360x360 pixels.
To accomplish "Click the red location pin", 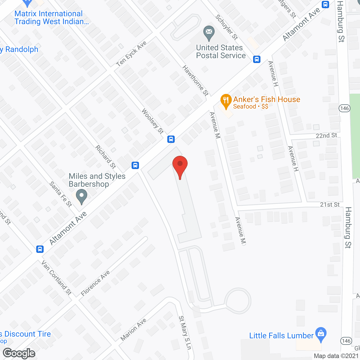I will pyautogui.click(x=180, y=165).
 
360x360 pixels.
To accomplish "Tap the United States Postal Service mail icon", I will pyautogui.click(x=209, y=33).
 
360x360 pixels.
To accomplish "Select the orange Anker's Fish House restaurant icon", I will pyautogui.click(x=226, y=101).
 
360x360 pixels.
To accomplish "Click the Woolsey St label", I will pyautogui.click(x=152, y=121).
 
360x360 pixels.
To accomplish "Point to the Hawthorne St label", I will pyautogui.click(x=195, y=80).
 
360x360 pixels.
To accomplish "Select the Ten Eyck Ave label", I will pyautogui.click(x=131, y=54).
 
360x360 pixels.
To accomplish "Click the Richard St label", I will pyautogui.click(x=106, y=157).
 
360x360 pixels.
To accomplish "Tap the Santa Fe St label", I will pyautogui.click(x=61, y=194).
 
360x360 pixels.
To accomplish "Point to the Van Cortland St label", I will pyautogui.click(x=57, y=278).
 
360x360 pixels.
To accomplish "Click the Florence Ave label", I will pyautogui.click(x=95, y=283).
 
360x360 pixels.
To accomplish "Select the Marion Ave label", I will pyautogui.click(x=134, y=329).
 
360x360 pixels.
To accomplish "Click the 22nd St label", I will pyautogui.click(x=326, y=136).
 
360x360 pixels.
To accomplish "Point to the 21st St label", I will pyautogui.click(x=330, y=204).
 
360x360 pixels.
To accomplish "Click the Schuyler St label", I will pyautogui.click(x=227, y=27).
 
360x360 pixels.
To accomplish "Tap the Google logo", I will pyautogui.click(x=19, y=353).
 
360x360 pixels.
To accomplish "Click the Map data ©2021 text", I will pyautogui.click(x=336, y=356).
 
